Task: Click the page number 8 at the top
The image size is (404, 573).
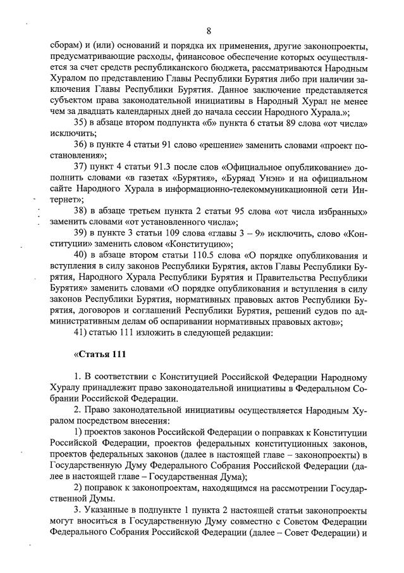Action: (208, 30)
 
